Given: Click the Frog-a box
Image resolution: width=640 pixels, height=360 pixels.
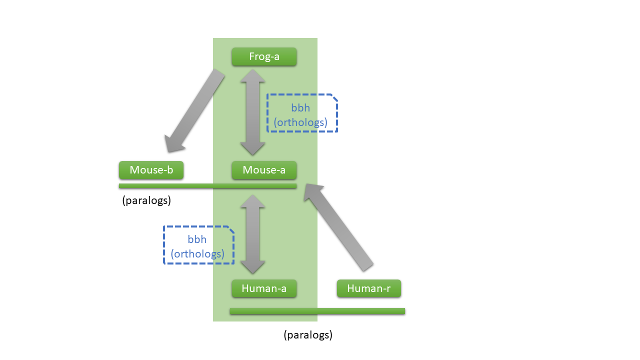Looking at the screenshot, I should coord(264,56).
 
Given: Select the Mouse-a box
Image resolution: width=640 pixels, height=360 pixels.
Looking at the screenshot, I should coord(264,170).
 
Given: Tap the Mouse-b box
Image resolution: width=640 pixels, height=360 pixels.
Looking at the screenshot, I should coord(151,170).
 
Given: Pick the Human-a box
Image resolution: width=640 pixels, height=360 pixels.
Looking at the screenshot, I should coord(264,288).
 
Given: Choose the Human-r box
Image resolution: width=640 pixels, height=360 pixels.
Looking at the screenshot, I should coord(368,288).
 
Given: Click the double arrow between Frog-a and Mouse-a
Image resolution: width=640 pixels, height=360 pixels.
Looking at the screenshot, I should coord(253,112).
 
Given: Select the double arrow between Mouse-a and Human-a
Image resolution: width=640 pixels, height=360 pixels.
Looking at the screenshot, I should coord(253,234).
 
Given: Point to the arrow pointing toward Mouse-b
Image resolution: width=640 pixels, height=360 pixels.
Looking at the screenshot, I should coord(195,111).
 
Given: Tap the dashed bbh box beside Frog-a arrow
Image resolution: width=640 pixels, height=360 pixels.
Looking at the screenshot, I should coord(302,113).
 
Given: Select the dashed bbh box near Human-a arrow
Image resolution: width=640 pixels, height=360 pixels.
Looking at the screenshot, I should coord(199,245).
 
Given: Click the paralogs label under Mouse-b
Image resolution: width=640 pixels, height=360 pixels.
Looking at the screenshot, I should coord(146,201).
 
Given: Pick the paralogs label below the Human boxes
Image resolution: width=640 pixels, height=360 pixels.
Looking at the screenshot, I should coord(307,335).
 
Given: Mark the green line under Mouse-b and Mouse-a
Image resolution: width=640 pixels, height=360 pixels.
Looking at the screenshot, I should coord(207,186).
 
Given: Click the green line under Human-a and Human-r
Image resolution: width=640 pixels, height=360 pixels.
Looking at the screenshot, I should coord(317,311).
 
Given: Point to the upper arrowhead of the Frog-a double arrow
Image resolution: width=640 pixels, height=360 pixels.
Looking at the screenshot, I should coord(253,76).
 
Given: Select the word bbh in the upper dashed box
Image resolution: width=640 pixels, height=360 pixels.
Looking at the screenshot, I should coord(300,108).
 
